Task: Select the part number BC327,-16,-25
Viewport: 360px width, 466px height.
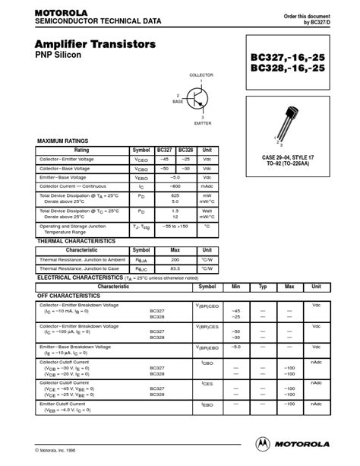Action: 291,57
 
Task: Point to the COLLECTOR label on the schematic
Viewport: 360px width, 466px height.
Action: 201,75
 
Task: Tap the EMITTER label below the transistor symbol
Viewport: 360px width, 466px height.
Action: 203,122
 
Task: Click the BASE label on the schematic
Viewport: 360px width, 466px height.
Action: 178,101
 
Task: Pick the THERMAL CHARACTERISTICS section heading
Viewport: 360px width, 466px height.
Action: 76,241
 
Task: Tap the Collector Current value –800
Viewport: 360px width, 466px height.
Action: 175,185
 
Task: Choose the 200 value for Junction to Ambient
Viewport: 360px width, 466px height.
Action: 175,259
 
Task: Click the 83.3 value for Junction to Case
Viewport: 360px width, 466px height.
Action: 175,268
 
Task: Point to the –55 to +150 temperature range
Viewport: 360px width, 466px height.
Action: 175,227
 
